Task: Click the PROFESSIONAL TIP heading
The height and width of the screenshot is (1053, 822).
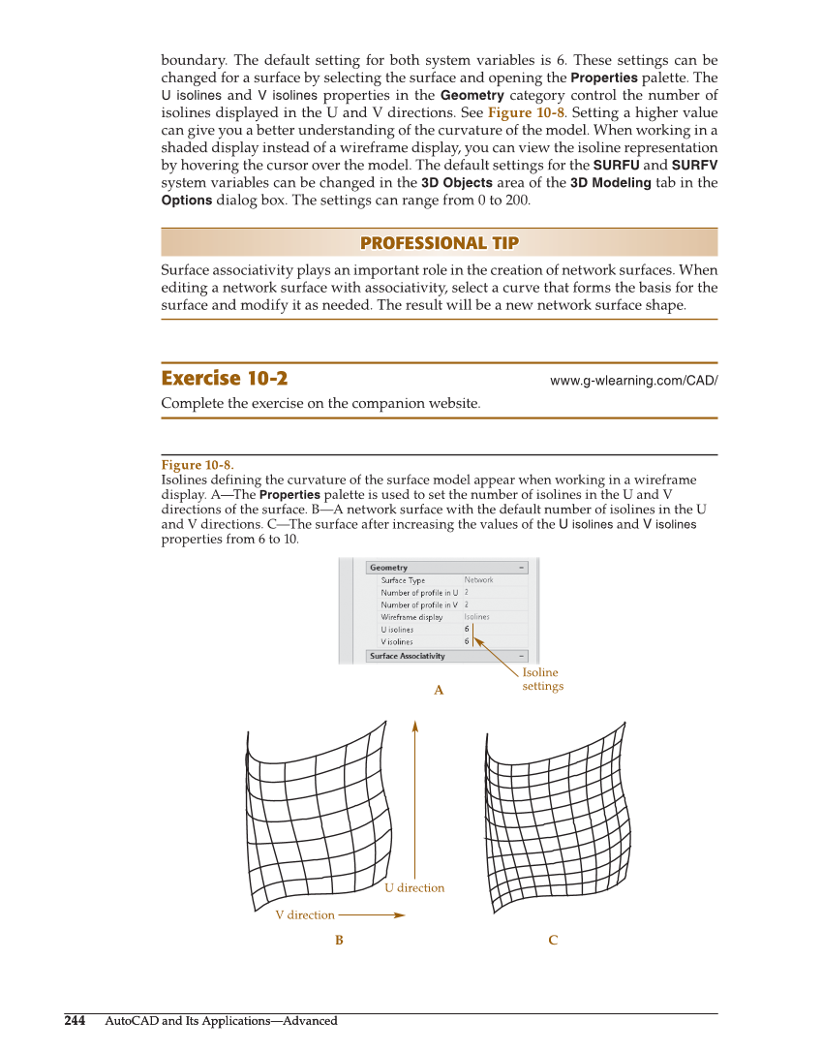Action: pos(439,243)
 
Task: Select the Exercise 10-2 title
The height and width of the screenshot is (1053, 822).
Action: pos(224,379)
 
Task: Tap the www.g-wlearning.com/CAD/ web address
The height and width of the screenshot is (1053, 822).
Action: pos(633,381)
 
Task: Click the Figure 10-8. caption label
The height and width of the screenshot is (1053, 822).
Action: pos(197,466)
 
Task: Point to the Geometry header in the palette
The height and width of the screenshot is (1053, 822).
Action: pos(388,568)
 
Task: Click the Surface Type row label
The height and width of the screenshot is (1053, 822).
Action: pos(403,580)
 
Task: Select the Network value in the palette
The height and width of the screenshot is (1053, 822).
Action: pos(478,580)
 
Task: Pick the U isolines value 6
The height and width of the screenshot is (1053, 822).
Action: pos(467,630)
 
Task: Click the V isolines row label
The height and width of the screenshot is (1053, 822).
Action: pos(396,641)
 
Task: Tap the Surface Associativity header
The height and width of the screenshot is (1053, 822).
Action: pos(408,656)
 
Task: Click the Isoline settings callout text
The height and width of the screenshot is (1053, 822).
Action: pos(541,679)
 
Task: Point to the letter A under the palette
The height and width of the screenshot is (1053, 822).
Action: pos(438,691)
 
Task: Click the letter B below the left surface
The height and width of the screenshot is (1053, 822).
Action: pos(339,941)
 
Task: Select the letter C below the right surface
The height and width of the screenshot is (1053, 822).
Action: pos(552,941)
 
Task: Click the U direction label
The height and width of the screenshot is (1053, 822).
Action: pos(414,888)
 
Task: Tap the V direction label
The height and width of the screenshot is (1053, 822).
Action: pos(305,915)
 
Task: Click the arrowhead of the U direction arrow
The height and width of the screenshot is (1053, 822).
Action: pos(414,725)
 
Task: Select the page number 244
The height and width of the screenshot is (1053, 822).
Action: pos(75,1021)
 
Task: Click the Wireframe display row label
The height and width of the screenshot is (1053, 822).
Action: pos(411,617)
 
